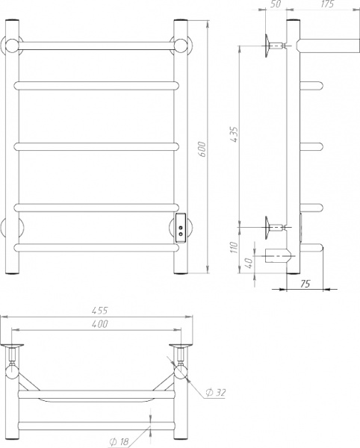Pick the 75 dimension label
point(305,283)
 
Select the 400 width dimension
point(99,324)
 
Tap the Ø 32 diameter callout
point(218,392)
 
